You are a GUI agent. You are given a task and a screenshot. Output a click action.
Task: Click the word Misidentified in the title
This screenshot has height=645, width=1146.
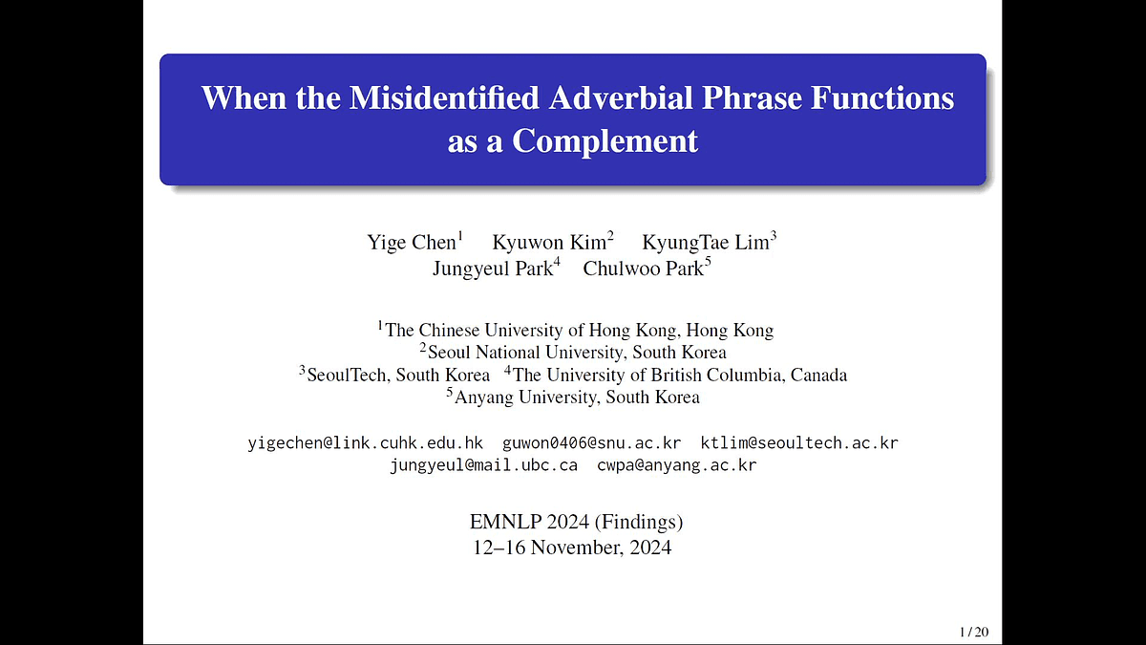443,97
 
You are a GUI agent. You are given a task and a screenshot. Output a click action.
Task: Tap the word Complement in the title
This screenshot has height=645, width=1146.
605,141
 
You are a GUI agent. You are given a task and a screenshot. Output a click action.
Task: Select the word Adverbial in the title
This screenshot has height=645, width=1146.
621,97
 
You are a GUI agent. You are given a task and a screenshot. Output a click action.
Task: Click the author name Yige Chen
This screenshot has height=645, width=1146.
412,243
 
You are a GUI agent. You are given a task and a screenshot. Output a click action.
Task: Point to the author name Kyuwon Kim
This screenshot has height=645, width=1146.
549,243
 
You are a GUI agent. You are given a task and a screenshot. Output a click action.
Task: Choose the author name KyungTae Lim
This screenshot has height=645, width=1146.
706,243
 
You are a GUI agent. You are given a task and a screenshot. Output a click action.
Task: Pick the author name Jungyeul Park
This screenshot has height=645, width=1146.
493,269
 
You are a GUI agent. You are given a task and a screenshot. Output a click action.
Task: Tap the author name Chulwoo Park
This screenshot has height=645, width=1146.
643,269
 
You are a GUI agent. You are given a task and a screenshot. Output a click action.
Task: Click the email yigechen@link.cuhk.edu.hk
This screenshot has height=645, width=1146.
365,443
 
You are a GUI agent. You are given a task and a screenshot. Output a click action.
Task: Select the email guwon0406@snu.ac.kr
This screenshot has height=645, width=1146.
591,442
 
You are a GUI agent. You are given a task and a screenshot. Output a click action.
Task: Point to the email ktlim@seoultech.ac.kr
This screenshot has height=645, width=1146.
799,442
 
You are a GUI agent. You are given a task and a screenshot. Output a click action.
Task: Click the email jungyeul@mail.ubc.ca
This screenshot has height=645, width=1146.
483,465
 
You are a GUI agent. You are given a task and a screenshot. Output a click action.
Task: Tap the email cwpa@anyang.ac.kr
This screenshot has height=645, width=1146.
676,465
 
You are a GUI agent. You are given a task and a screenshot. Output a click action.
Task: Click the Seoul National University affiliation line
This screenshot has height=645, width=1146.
573,353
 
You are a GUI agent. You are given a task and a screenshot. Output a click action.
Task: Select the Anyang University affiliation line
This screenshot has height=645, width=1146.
573,397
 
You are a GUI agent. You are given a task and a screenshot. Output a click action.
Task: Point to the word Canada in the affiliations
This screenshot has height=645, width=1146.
818,375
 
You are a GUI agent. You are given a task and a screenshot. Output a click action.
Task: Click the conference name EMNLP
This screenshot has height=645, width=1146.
505,522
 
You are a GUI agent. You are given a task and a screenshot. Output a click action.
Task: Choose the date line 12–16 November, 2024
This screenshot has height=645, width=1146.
572,548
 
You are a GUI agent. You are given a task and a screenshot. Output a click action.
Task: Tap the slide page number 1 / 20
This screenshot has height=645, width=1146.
974,633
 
